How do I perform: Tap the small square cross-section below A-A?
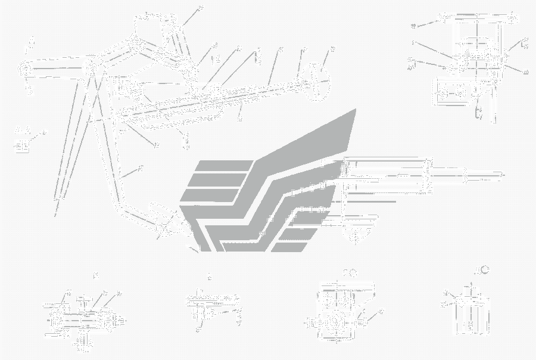23,145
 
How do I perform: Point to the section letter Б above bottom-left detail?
95,275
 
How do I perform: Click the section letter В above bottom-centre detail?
209,276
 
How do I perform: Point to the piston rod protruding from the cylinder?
485,176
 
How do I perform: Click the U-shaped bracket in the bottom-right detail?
468,313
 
